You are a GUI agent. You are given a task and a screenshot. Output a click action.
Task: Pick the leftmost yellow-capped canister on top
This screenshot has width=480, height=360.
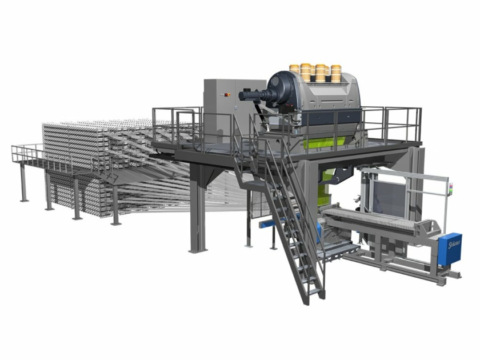295,71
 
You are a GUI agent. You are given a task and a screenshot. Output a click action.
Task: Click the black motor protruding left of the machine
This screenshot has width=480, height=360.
251,93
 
